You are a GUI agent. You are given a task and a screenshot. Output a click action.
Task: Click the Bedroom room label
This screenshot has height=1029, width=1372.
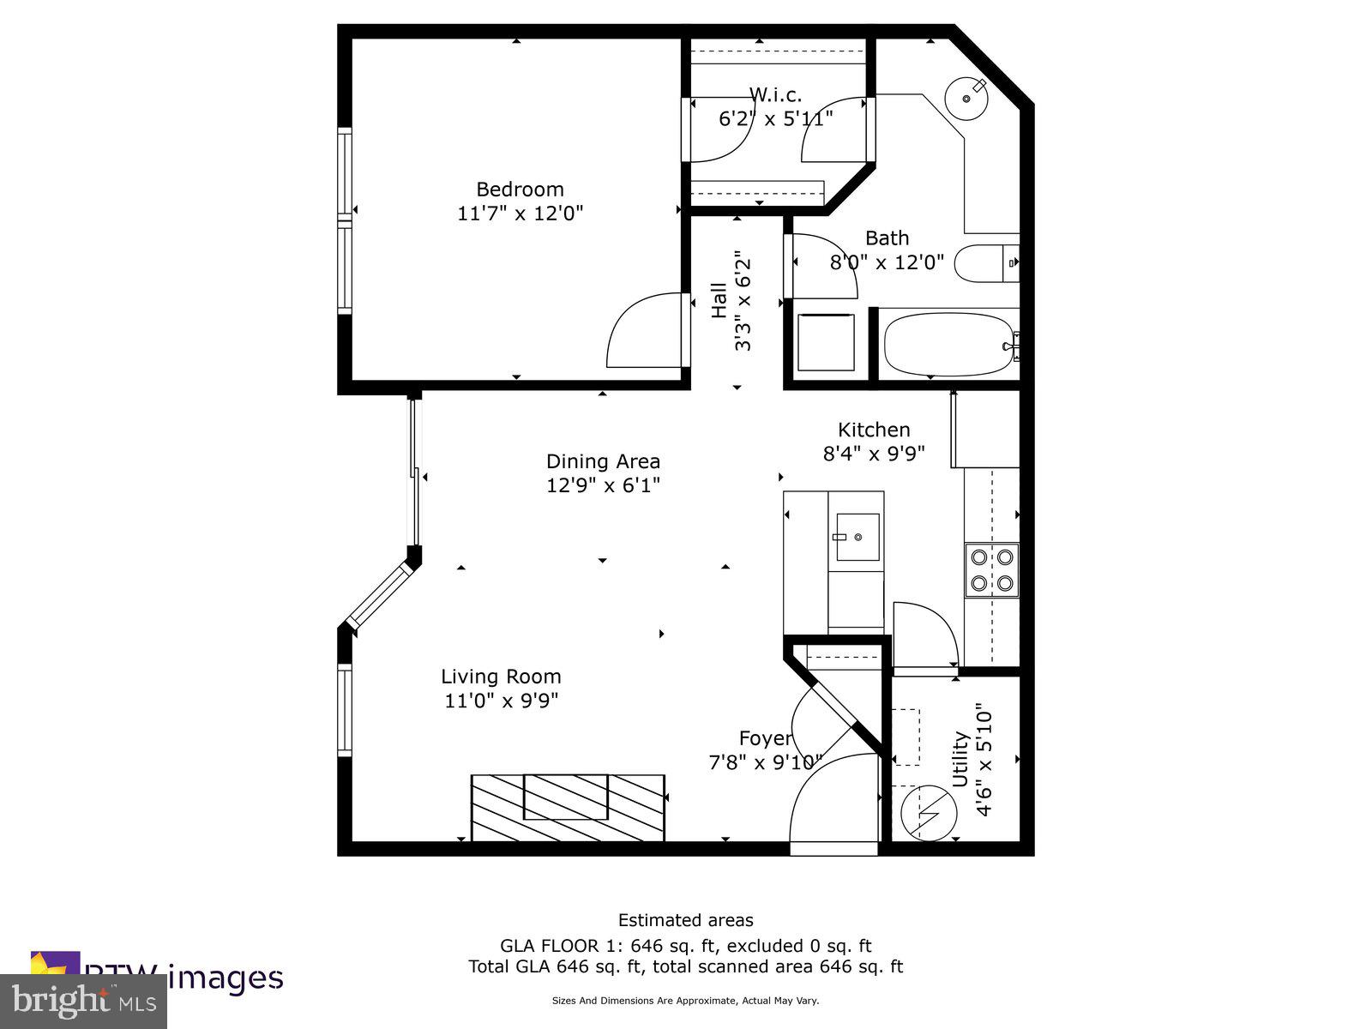point(520,190)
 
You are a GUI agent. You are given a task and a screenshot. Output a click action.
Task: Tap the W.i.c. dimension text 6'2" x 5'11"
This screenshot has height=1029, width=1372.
point(775,118)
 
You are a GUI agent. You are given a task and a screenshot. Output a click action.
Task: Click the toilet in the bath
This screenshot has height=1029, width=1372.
point(986,264)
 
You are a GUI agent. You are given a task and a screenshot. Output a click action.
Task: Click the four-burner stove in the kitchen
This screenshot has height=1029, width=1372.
point(992,570)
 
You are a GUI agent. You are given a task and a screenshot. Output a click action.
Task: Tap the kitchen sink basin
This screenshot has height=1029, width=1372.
point(857,538)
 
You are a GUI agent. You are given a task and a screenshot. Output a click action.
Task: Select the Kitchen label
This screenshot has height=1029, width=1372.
point(874,430)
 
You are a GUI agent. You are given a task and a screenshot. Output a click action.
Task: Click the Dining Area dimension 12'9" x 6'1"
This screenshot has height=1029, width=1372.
point(604,485)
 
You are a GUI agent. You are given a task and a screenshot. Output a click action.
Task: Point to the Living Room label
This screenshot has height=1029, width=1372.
point(501,677)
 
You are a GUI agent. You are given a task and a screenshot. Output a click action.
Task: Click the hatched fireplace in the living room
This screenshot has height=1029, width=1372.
point(568,807)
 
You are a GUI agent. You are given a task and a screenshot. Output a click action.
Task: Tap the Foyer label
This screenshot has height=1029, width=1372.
point(765,738)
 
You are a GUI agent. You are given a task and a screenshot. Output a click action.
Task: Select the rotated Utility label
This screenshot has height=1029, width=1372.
point(960,760)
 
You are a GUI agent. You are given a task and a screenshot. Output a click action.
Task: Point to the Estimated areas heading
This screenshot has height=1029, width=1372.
point(685,920)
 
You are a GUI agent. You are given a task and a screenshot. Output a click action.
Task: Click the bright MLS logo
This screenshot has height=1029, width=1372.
point(83,1000)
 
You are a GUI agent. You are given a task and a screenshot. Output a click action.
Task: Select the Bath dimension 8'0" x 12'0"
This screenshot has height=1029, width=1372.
point(887,262)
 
